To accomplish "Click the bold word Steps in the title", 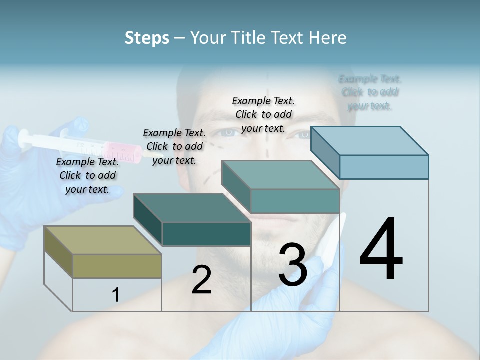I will [147, 38].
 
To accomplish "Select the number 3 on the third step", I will [293, 265].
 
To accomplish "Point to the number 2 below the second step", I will [201, 280].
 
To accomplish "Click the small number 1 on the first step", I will [116, 295].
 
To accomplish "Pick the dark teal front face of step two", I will [206, 234].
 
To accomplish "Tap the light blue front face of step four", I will [384, 167].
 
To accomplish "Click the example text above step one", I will [87, 175].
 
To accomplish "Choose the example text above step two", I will [174, 146].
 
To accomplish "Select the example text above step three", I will [263, 114].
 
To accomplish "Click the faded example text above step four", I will [370, 92].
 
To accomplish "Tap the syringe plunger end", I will [23, 137].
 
